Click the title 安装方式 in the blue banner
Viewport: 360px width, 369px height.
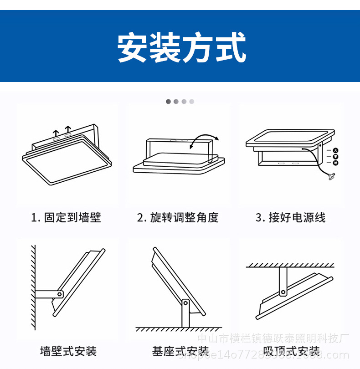(x=181, y=47)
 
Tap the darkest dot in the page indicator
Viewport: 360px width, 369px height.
(x=168, y=101)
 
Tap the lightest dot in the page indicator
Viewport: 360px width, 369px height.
(x=192, y=101)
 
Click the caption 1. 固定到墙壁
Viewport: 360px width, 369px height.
(x=66, y=217)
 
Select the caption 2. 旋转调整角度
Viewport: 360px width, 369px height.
(x=178, y=217)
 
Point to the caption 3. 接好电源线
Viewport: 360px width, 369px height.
(x=290, y=217)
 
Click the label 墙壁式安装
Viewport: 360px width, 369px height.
(x=68, y=351)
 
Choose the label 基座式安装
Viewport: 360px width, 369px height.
(x=180, y=351)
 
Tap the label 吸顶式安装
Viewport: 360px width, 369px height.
(x=292, y=351)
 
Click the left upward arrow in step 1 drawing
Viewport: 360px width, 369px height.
(x=56, y=133)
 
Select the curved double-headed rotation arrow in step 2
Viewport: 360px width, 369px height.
(x=204, y=140)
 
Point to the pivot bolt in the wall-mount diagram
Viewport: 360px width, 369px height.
(x=59, y=294)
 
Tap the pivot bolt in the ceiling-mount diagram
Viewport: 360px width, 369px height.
(x=283, y=292)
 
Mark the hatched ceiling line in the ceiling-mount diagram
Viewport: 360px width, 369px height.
(x=290, y=265)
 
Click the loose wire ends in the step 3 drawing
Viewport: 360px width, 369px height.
(x=331, y=177)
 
